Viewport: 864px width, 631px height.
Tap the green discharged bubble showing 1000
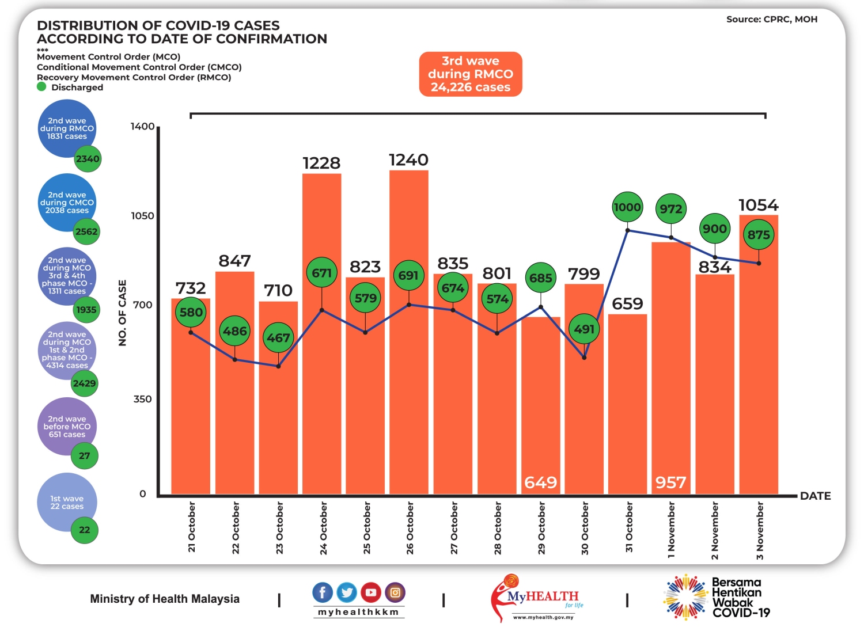coord(627,207)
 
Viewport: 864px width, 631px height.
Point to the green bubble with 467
coord(278,337)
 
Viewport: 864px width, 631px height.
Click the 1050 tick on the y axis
coord(142,216)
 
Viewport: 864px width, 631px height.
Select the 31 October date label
coord(629,527)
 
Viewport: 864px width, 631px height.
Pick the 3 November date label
coord(760,530)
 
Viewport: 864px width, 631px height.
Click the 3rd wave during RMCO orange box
coord(471,74)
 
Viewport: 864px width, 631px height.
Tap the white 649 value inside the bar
coord(540,482)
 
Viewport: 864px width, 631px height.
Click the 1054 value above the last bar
coord(758,205)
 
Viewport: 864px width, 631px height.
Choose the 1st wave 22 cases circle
coord(66,502)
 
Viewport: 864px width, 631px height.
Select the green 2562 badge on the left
coord(86,231)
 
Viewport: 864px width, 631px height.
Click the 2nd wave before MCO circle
coord(66,427)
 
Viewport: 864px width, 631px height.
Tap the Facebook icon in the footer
coord(323,592)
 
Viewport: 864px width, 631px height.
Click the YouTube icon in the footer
coord(371,592)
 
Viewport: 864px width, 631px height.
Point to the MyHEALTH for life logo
coord(536,598)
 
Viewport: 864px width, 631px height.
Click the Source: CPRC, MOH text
coord(772,20)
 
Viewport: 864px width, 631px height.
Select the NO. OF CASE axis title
coord(122,313)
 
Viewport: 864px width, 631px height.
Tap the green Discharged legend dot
coord(41,87)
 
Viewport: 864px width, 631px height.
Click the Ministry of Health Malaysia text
coord(165,599)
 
